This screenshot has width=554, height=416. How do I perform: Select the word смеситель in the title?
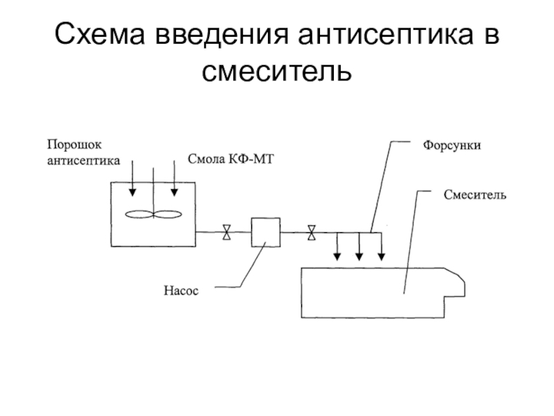click(x=277, y=70)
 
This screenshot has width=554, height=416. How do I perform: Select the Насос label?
click(x=181, y=291)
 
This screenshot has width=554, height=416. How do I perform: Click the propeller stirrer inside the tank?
click(x=154, y=214)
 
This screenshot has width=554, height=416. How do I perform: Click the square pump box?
click(x=265, y=232)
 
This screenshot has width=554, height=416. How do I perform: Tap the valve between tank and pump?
click(x=226, y=232)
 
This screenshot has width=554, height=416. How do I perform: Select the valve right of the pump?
click(x=312, y=232)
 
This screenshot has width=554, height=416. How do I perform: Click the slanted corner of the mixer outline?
click(x=458, y=275)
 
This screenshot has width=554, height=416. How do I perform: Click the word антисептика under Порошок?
click(x=83, y=160)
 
